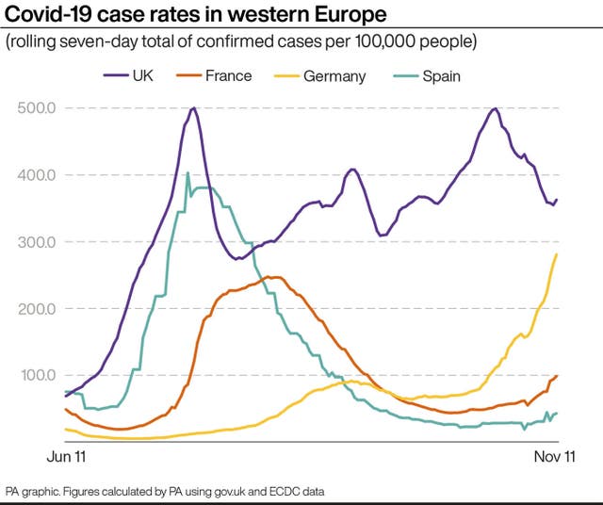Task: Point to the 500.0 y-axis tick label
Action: [x=38, y=108]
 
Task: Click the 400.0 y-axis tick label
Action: [x=38, y=175]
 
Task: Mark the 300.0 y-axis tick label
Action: [x=38, y=242]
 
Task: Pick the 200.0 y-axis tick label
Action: [x=38, y=309]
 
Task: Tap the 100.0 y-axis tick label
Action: [x=38, y=376]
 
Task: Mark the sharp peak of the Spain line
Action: [x=187, y=172]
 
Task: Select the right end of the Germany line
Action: [x=557, y=253]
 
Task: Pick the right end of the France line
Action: [x=557, y=376]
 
